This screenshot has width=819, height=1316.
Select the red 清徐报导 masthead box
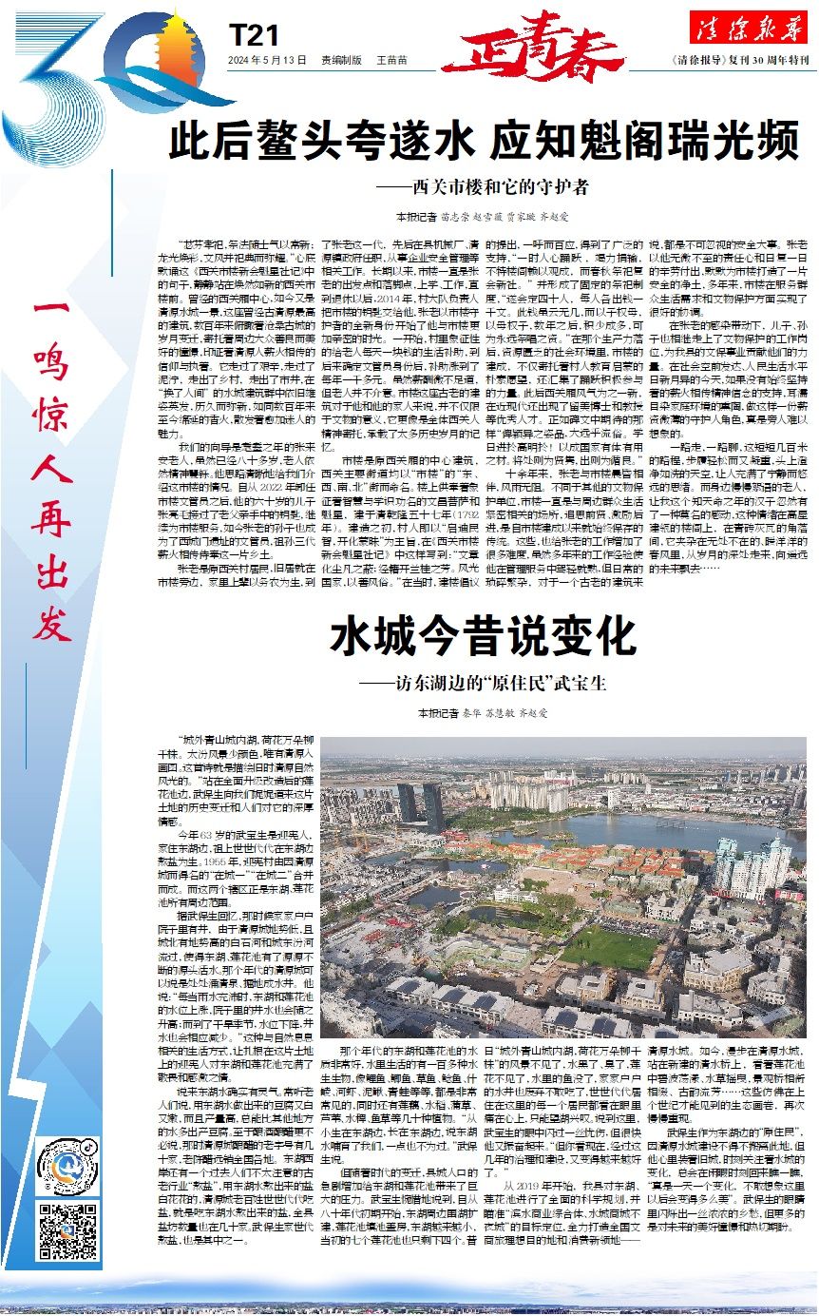[x=748, y=29]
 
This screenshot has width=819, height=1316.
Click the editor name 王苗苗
[x=391, y=60]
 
